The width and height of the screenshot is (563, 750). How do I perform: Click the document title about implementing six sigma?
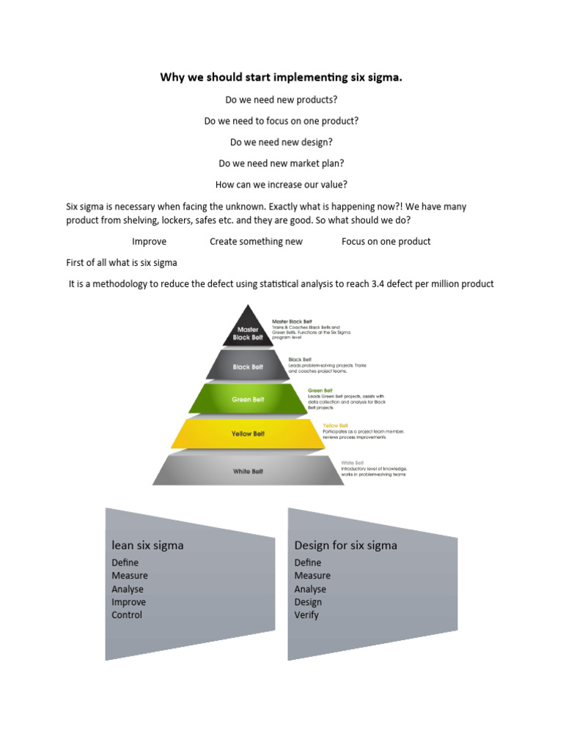tap(281, 78)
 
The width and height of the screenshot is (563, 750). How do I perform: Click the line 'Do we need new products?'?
tap(281, 100)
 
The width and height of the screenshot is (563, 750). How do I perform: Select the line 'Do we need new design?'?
tap(281, 142)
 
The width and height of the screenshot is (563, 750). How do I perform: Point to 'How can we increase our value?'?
tap(281, 185)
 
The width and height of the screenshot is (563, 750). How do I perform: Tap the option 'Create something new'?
tap(256, 242)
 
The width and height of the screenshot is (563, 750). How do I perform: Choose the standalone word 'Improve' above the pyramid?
tap(149, 242)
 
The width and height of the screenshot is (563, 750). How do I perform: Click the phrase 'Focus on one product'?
tap(386, 242)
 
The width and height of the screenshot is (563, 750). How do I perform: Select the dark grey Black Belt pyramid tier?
tap(248, 366)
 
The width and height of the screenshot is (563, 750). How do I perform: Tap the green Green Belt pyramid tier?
tap(248, 400)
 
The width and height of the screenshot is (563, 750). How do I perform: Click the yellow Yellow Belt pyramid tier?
tap(248, 434)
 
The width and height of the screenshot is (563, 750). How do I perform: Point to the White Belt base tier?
tap(248, 471)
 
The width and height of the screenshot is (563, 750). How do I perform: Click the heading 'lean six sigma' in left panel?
tap(147, 545)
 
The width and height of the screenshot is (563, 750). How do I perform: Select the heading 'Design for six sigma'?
tap(345, 545)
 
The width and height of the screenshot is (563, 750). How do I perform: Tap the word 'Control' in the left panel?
tap(127, 615)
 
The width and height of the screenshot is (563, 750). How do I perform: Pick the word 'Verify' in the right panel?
tap(306, 615)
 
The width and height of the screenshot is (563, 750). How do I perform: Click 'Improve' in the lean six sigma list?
tap(128, 602)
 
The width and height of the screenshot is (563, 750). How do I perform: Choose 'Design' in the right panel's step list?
tap(308, 602)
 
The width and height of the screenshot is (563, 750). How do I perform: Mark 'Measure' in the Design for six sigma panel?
tap(312, 576)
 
